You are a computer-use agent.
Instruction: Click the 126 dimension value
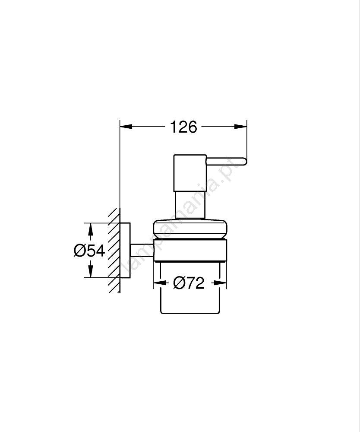pos(183,127)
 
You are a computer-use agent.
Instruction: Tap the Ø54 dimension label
pos(89,251)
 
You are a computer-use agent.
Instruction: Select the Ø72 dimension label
pos(189,283)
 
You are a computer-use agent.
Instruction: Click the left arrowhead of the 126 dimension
pos(126,127)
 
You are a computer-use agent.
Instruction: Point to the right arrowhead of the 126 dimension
pos(240,127)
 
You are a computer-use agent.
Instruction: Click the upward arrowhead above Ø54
pos(90,229)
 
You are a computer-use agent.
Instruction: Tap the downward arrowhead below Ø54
pos(90,271)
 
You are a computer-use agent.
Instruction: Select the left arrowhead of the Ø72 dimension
pos(160,283)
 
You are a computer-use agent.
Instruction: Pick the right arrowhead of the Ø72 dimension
pos(220,283)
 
